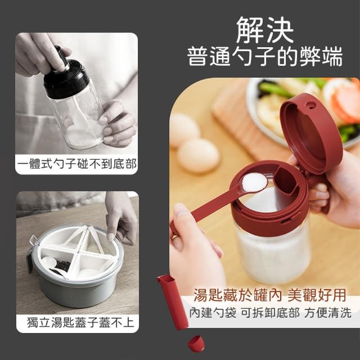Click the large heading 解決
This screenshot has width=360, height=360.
(x=265, y=30)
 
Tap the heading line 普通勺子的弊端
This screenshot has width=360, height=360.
(x=265, y=56)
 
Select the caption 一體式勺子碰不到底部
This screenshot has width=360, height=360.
(x=77, y=164)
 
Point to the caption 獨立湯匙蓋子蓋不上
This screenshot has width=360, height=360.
(x=80, y=322)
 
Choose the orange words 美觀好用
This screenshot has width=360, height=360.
(x=317, y=295)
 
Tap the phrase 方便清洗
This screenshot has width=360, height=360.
(x=328, y=313)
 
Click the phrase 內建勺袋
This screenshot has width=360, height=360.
(x=213, y=313)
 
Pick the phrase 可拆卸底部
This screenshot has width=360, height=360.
(x=270, y=313)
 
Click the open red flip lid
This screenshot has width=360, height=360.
(x=311, y=133)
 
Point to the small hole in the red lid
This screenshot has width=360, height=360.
(x=310, y=106)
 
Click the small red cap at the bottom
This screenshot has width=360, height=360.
(x=196, y=344)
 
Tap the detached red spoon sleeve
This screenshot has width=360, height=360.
(x=173, y=301)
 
